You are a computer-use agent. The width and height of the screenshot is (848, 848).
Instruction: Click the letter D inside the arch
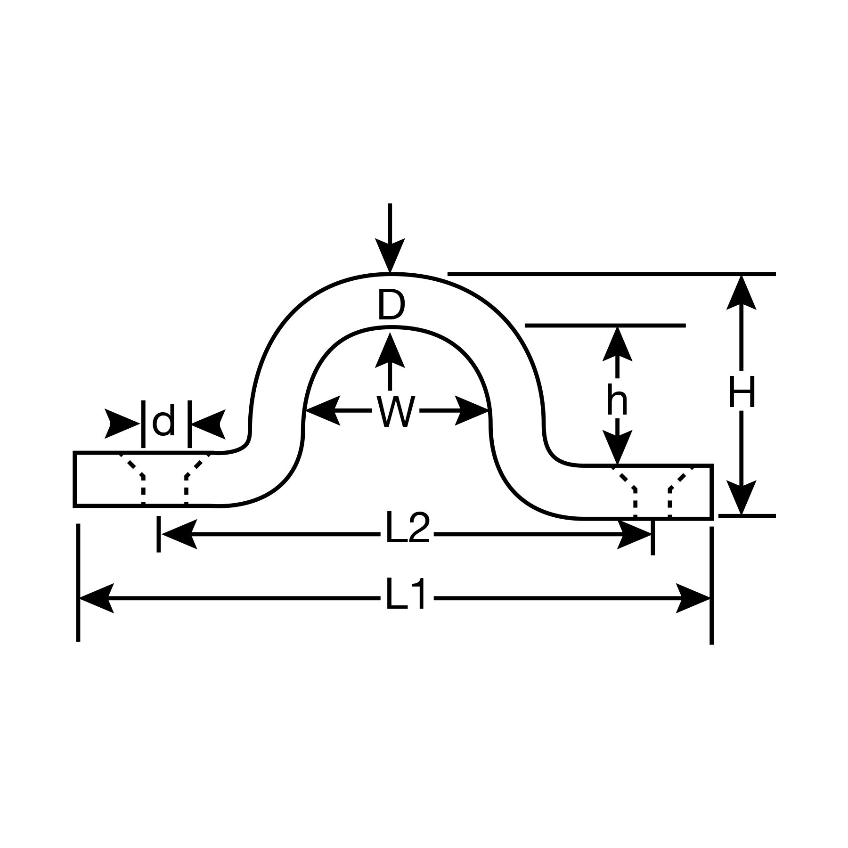(x=391, y=306)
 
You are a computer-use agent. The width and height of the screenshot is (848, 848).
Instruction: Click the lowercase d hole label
(x=164, y=422)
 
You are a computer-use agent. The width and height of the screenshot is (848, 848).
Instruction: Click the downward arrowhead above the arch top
(x=390, y=256)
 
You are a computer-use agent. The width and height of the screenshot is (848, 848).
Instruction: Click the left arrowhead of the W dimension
(x=323, y=411)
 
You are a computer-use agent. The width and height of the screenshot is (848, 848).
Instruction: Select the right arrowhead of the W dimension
(x=472, y=411)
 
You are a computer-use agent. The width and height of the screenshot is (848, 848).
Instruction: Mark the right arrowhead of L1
(x=693, y=598)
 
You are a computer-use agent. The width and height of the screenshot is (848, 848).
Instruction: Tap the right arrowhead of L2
(x=634, y=534)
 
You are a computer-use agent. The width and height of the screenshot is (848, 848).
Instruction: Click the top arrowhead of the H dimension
(x=742, y=293)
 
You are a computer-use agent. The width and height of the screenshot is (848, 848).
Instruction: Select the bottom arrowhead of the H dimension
(x=742, y=497)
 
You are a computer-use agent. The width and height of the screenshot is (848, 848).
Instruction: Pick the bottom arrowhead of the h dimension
(x=617, y=448)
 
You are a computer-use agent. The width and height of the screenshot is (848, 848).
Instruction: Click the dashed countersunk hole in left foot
(x=164, y=479)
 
